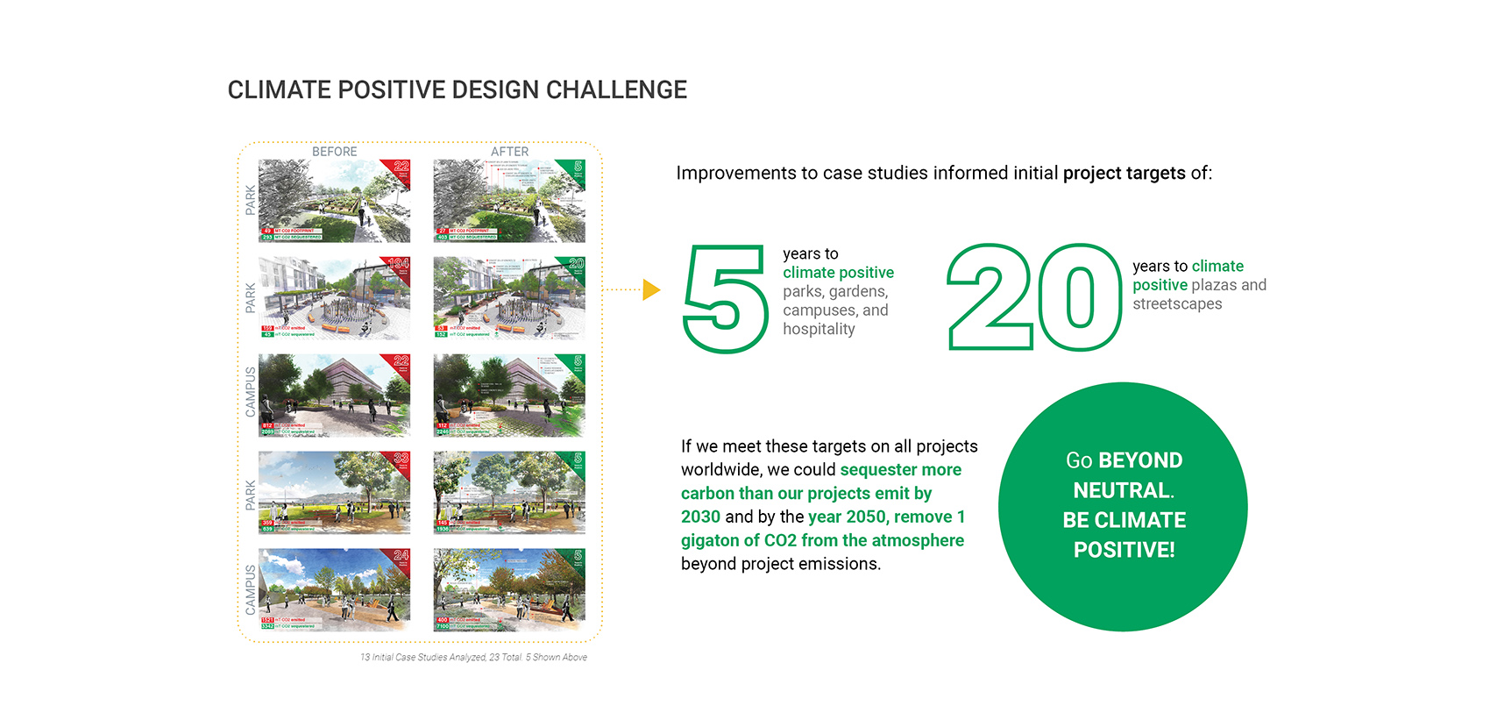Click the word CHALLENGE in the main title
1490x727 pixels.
616,90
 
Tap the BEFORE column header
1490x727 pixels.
334,152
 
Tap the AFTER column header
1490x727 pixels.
509,152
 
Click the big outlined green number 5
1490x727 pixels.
725,298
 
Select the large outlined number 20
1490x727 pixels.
1034,298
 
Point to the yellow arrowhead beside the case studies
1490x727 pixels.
650,289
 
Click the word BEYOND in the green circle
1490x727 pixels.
1139,460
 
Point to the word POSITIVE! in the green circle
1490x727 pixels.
1124,550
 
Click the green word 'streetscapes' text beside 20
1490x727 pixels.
1176,304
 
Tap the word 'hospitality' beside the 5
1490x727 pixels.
819,330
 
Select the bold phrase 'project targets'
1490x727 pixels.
1124,174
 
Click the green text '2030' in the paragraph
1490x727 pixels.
700,517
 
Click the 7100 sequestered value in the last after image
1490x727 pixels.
443,627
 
